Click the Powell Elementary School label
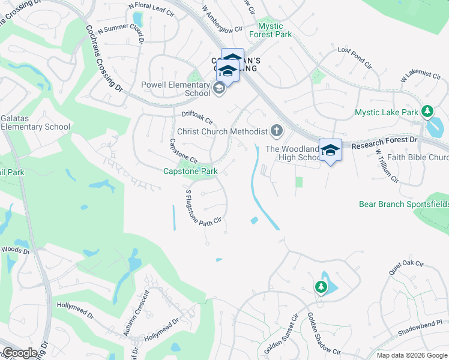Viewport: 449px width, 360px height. [x=175, y=89]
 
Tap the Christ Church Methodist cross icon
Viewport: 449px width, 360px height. [x=277, y=130]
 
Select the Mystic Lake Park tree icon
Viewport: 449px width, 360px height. [x=427, y=112]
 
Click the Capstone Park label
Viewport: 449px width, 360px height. [x=190, y=171]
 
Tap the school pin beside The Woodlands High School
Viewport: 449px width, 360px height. [x=330, y=149]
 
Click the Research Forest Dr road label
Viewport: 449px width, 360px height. [x=384, y=143]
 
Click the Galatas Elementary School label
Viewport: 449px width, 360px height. [x=35, y=122]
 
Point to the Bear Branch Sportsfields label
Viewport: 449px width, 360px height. [x=403, y=204]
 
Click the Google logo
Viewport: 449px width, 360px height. [x=19, y=353]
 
